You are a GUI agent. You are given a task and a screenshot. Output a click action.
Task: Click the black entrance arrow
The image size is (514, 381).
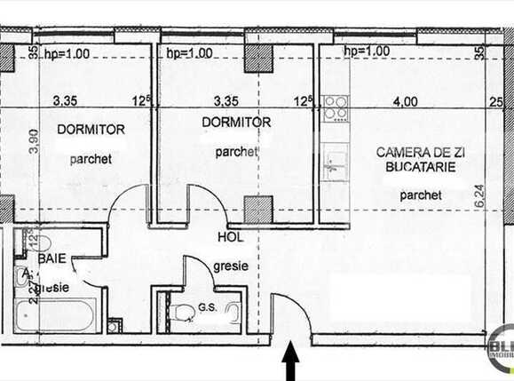coord(290,364)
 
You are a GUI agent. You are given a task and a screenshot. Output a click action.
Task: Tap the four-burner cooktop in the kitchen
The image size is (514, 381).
coord(335,108)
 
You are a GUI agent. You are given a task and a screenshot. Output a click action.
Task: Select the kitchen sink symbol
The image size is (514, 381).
coord(335,164)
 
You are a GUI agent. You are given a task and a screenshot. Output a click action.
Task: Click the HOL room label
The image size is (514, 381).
coord(229,238)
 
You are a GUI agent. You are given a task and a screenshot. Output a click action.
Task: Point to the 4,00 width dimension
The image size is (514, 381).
coord(405,101)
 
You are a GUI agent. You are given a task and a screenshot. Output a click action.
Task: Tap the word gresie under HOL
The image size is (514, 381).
coord(231,265)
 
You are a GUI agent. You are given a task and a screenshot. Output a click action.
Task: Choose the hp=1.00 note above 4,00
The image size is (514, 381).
coord(367,52)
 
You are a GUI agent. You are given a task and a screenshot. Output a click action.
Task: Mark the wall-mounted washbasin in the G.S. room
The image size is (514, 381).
coord(233,314)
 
